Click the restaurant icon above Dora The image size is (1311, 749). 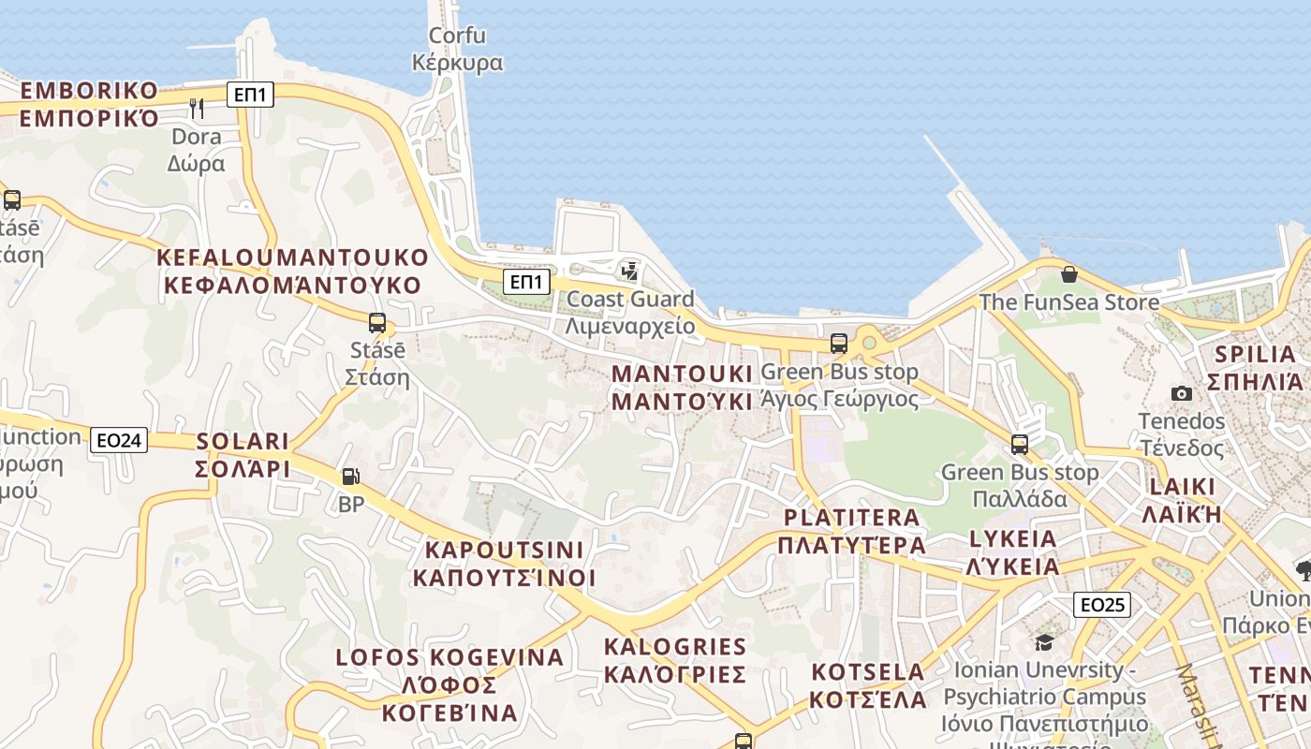click(197, 108)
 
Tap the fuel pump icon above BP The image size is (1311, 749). click(350, 477)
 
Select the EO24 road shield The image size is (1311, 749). click(119, 439)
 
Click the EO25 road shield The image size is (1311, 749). click(1101, 605)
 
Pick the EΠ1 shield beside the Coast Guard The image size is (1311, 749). click(525, 282)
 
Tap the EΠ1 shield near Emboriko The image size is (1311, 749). click(250, 94)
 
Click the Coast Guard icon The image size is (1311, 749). click(630, 272)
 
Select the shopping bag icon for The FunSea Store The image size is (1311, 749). click(1068, 274)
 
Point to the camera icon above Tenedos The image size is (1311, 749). click(1182, 393)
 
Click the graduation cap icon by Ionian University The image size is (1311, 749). click(1044, 642)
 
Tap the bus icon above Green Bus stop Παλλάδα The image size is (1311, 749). click(1020, 444)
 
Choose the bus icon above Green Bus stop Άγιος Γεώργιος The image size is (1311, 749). click(839, 344)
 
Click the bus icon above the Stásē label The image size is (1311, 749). click(377, 323)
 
